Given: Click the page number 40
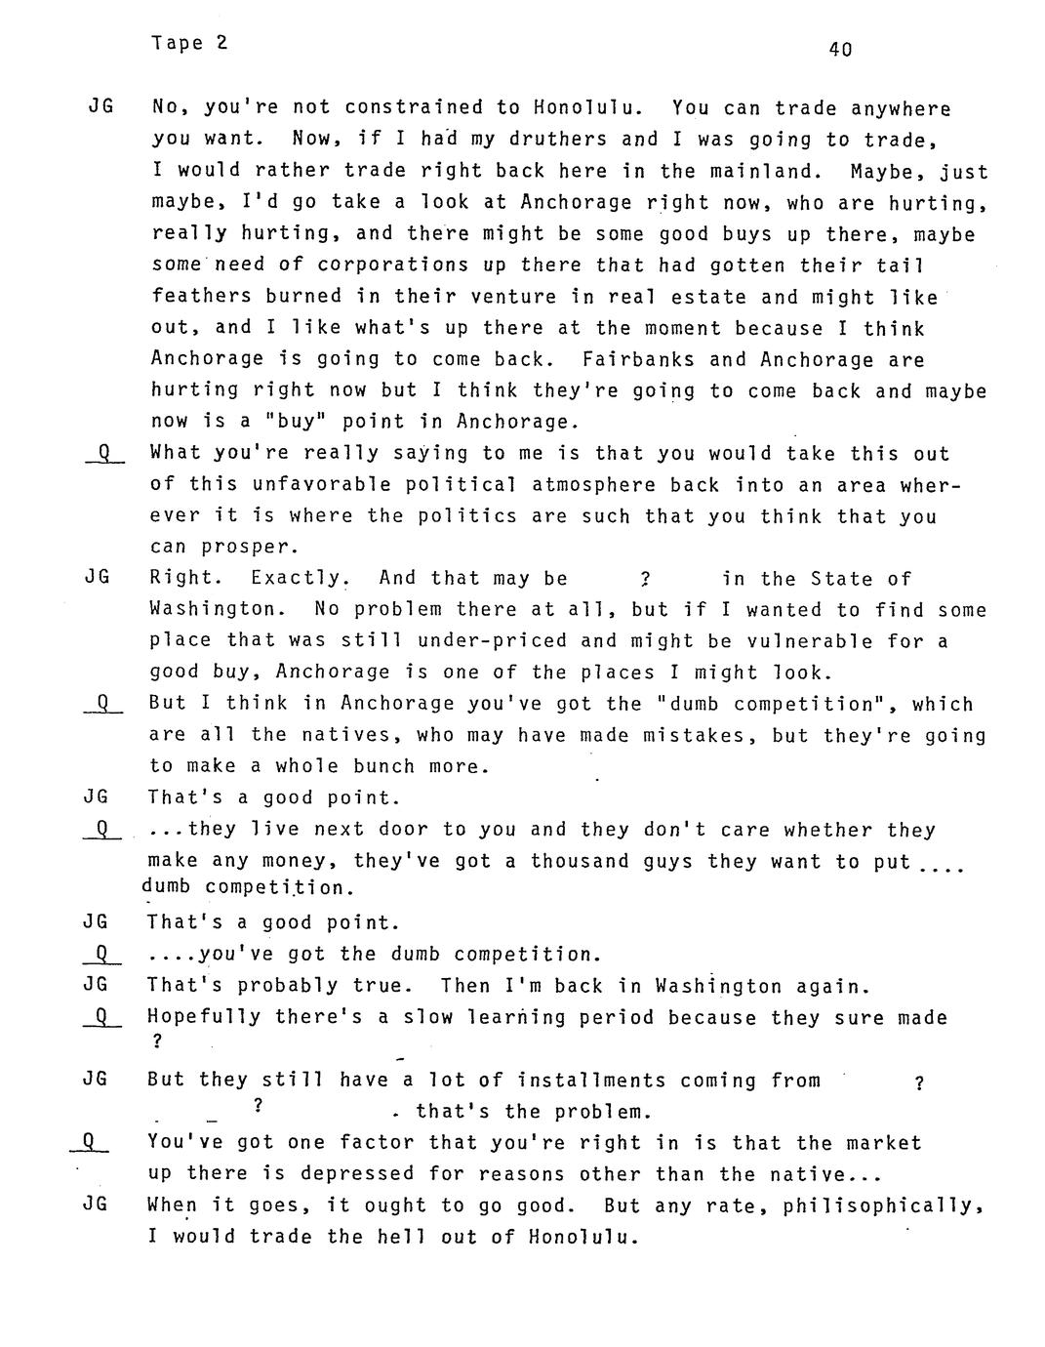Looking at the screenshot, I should tap(840, 49).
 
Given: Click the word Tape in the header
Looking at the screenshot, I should tap(177, 43).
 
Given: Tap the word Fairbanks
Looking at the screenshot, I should tap(638, 359).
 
